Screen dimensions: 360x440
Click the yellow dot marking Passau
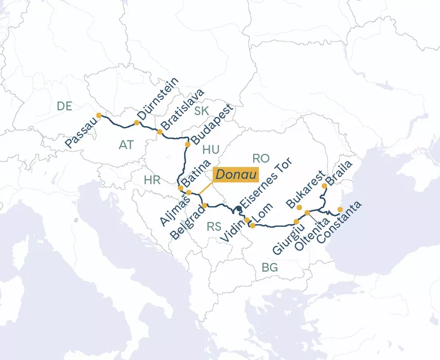pos(99,116)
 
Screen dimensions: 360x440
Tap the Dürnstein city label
pos(157,98)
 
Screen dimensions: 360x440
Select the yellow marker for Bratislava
pos(160,131)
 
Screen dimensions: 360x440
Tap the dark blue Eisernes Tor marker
pos(239,209)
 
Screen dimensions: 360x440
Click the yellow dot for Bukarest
pos(300,207)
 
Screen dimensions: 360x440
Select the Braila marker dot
pos(325,186)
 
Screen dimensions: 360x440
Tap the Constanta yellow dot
pos(340,210)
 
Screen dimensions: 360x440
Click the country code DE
pos(64,106)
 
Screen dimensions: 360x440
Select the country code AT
pos(126,145)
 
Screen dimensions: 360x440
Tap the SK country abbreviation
pos(201,110)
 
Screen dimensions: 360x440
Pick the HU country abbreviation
pos(211,150)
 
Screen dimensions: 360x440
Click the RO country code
pos(260,158)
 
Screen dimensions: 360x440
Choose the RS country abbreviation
pos(214,227)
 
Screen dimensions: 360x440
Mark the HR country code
pos(152,179)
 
